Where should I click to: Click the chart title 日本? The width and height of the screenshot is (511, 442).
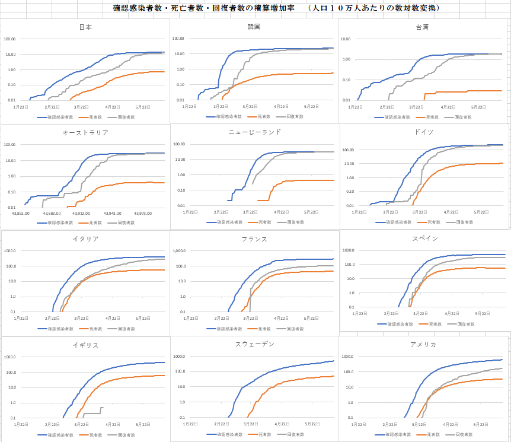85,27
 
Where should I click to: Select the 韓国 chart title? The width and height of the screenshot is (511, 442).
254,27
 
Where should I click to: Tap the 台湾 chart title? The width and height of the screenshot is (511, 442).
423,27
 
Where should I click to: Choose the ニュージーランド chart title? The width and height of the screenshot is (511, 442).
254,132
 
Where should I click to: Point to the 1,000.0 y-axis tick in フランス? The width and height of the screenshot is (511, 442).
178,250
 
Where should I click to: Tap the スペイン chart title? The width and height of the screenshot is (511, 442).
424,238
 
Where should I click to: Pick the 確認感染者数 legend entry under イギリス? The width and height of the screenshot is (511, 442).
59,434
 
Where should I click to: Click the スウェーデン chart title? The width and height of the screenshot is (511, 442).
254,344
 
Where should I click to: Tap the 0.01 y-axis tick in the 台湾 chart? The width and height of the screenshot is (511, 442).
346,100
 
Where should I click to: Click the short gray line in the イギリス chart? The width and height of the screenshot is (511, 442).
91,413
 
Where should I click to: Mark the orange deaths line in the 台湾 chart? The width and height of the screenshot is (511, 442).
462,91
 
